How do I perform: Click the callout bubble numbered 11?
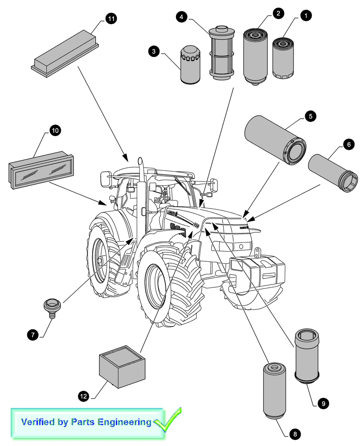[111, 18]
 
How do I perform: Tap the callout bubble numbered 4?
[180, 17]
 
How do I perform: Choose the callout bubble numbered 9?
[323, 403]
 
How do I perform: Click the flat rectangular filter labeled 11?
[65, 50]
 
